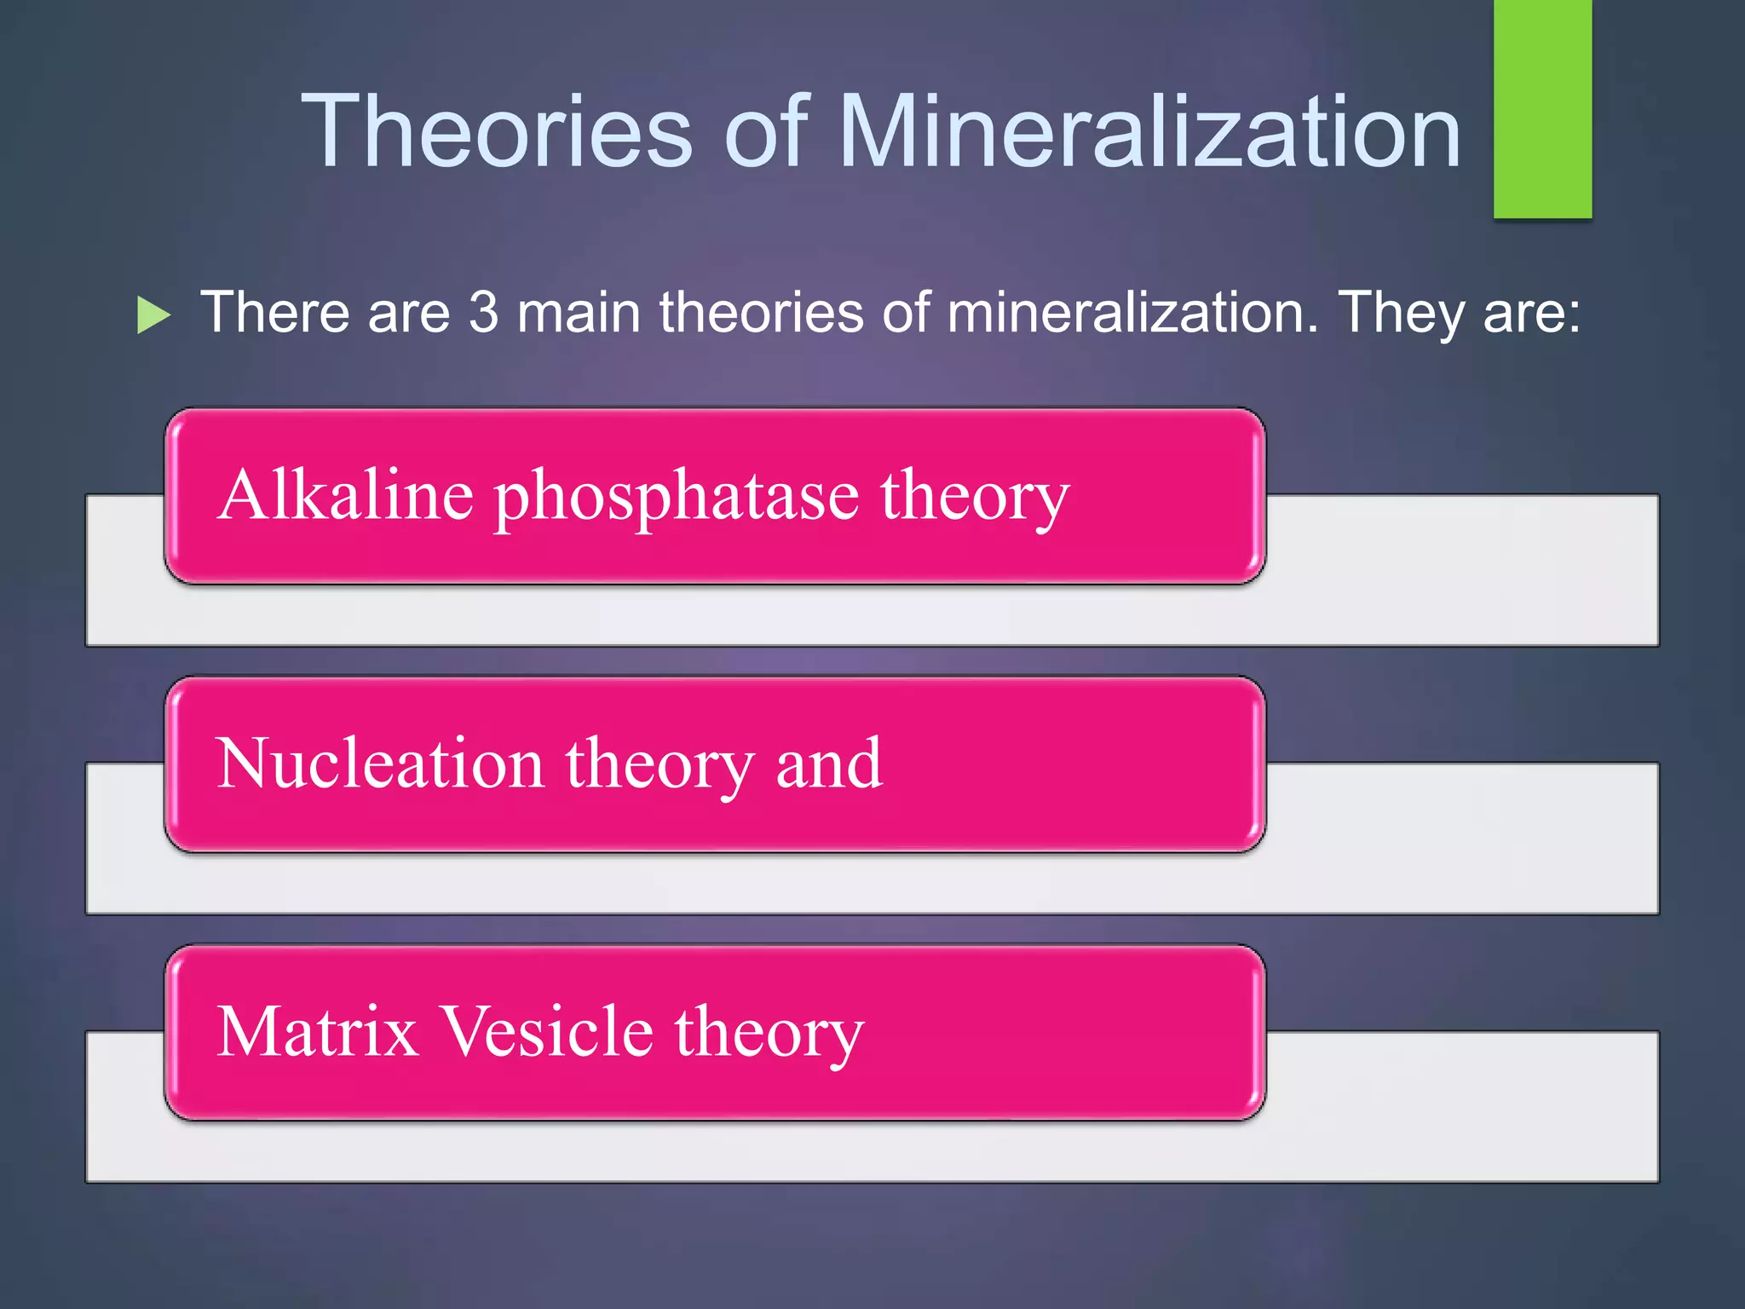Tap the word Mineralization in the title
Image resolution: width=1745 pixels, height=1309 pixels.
pos(1150,132)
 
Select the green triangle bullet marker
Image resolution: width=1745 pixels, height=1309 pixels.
pos(153,315)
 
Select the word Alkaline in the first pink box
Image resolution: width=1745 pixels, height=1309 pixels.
pos(345,495)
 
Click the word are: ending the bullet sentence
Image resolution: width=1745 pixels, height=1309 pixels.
pos(1532,313)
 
